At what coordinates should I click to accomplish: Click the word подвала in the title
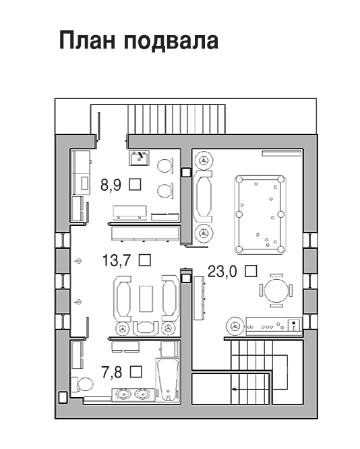point(171,42)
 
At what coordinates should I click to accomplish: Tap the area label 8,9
point(111,185)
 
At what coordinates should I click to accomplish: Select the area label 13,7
point(117,261)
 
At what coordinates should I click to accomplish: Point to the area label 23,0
point(222,272)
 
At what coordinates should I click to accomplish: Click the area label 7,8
point(112,373)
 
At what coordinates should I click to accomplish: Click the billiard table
point(260,215)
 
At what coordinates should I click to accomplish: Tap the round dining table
point(276,291)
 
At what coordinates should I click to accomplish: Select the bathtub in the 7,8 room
point(168,380)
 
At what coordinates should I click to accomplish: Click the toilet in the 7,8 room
point(82,384)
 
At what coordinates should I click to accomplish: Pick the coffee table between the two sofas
point(146,299)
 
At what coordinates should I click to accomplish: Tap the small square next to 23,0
point(251,271)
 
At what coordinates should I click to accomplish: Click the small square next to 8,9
point(135,184)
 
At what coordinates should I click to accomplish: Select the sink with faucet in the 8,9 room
point(140,158)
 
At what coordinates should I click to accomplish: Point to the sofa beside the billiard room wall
point(203,197)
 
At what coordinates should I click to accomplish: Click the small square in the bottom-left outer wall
point(63,398)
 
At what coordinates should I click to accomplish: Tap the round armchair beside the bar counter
point(235,326)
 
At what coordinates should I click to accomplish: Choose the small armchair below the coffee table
point(146,328)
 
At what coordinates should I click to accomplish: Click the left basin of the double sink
point(123,394)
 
